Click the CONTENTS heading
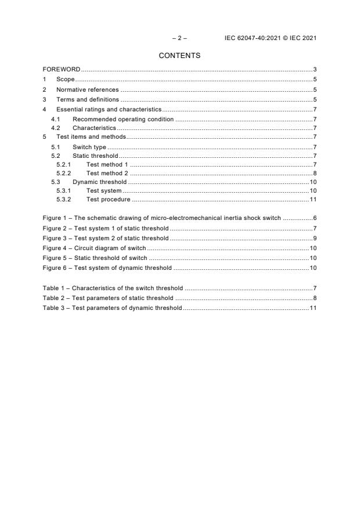179,56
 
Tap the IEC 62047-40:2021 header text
270,38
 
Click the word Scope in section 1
65,79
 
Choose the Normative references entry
87,90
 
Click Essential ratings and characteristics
108,110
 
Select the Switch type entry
89,147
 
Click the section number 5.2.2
63,173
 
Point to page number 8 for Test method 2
314,173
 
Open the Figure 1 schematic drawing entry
162,218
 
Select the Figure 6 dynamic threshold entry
107,268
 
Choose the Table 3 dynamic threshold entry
113,307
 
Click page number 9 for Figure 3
314,238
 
